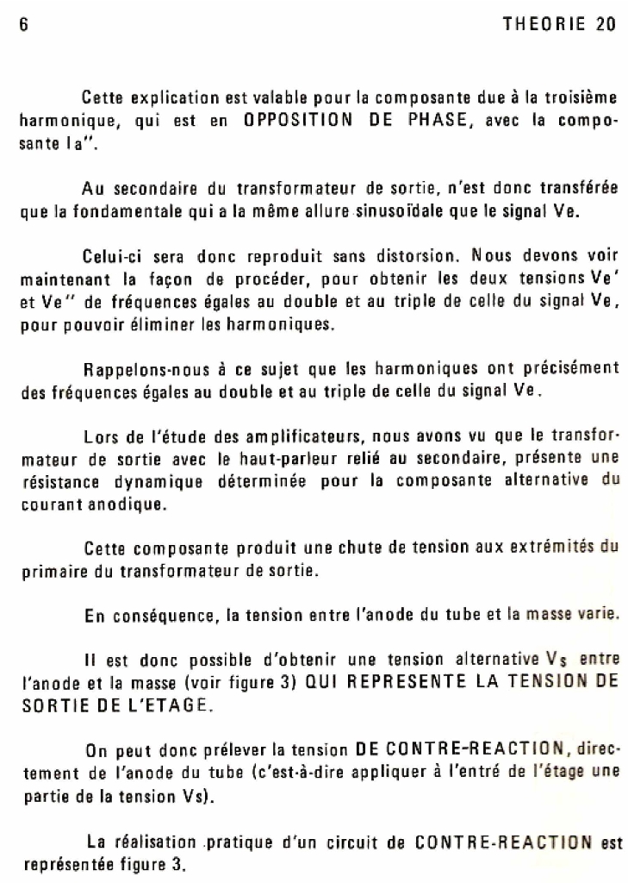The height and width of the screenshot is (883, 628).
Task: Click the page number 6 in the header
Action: click(24, 24)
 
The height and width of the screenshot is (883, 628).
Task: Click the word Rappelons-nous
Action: click(140, 368)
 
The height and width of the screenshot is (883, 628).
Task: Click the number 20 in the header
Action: click(605, 24)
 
